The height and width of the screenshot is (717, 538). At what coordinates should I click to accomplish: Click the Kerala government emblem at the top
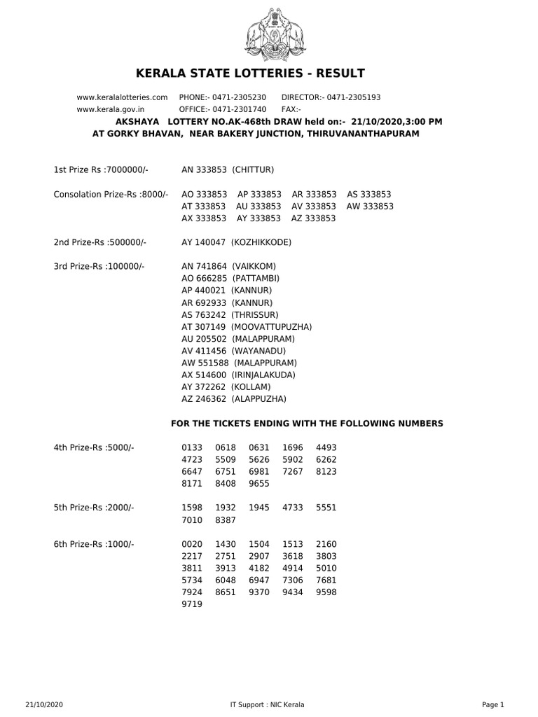click(x=269, y=34)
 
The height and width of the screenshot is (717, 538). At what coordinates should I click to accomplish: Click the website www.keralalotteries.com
click(x=122, y=97)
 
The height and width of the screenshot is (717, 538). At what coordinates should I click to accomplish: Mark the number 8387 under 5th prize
click(x=226, y=520)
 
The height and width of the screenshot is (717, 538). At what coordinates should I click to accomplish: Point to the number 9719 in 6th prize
click(x=192, y=604)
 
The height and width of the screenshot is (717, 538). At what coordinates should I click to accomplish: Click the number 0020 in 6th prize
click(x=192, y=544)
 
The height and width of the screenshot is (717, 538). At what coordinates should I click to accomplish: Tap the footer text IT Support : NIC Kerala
click(x=267, y=704)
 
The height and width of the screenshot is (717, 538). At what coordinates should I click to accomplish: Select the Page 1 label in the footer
click(x=492, y=704)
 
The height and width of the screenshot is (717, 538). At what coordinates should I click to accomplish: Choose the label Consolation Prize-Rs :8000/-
click(x=111, y=194)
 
